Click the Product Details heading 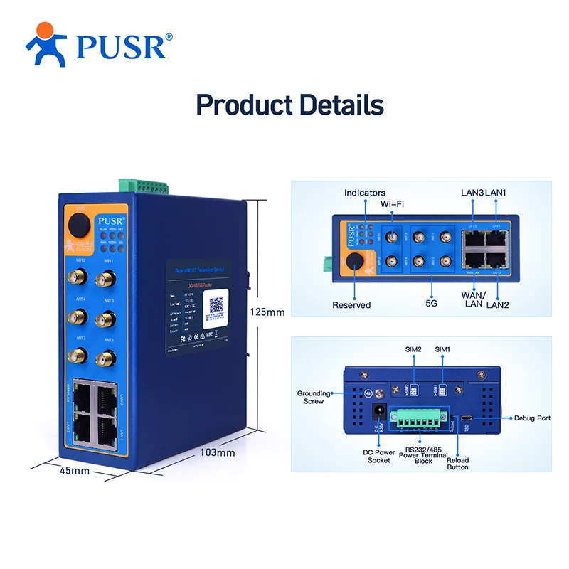click(289, 105)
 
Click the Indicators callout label click(365, 193)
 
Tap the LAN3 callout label click(473, 193)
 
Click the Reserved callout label click(351, 305)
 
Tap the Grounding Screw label click(314, 397)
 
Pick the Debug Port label click(532, 418)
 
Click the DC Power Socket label click(379, 456)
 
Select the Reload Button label click(457, 464)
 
